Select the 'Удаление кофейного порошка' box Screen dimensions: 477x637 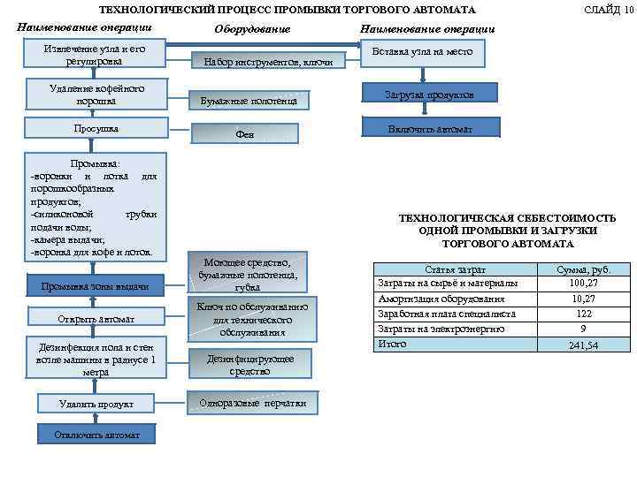point(96,94)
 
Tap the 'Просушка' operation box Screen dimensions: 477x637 point(96,129)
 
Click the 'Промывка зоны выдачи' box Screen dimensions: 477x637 point(96,286)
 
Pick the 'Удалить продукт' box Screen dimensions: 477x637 point(96,404)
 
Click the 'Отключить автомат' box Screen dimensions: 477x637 point(96,435)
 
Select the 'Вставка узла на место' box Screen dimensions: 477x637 point(429,53)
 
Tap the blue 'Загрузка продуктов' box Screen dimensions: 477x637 point(429,94)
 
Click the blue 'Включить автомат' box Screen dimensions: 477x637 point(429,129)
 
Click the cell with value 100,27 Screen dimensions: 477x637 point(583,283)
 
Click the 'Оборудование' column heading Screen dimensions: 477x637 point(252,29)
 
